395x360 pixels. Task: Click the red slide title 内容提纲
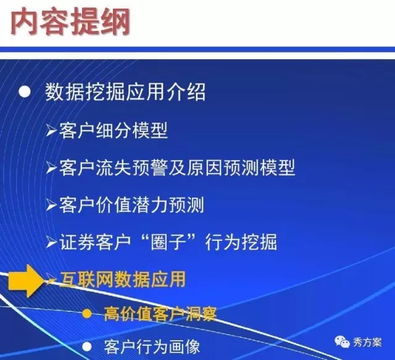coord(70,22)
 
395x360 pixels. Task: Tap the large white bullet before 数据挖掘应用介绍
coord(25,92)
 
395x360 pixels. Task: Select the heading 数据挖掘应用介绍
coord(125,92)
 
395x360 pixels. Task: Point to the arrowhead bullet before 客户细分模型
coord(51,130)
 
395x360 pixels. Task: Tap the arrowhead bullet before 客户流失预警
coord(51,168)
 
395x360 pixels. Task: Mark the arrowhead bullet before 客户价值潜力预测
coord(51,205)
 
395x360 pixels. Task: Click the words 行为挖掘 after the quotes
coord(241,242)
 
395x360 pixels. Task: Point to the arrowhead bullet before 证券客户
coord(51,243)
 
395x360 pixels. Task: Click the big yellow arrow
coord(27,280)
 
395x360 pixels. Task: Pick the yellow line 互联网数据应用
coord(123,279)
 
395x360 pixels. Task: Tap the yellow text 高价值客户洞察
coord(160,314)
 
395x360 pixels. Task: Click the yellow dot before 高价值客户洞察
coord(87,314)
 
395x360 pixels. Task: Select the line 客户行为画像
coord(152,347)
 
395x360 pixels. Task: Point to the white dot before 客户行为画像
coord(87,347)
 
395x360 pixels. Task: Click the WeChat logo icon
coord(342,342)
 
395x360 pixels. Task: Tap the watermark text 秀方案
coord(367,342)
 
